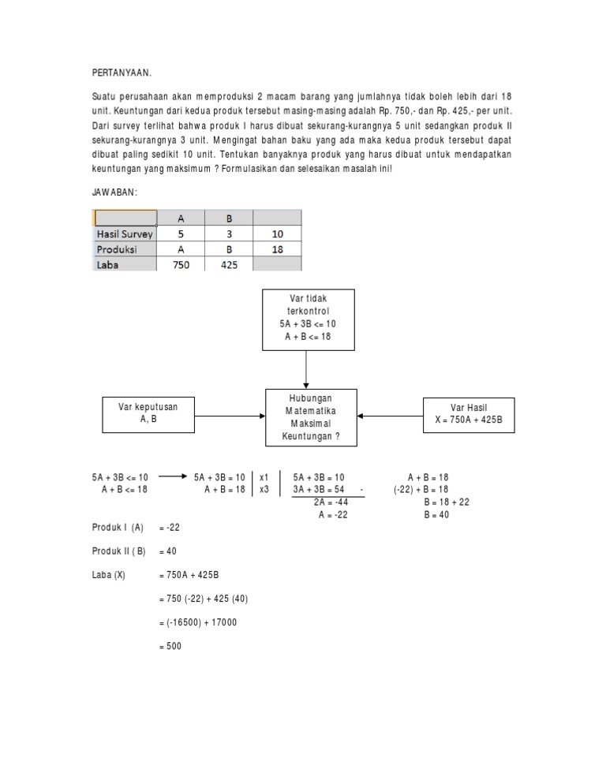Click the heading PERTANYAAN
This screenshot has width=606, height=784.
click(x=122, y=73)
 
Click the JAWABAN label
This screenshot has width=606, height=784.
click(x=115, y=192)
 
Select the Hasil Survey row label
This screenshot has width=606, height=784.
click(x=125, y=234)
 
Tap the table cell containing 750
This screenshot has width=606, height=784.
click(x=181, y=266)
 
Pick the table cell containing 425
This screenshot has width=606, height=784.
click(x=228, y=266)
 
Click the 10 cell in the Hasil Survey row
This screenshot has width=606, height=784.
click(x=276, y=234)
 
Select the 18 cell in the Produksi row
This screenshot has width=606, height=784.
click(x=276, y=249)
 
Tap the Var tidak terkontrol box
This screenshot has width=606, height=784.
click(x=309, y=319)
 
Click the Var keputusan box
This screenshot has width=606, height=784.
click(x=148, y=413)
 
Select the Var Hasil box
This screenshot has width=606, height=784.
click(x=468, y=413)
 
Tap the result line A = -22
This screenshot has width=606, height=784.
click(x=333, y=513)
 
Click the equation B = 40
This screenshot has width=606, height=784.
click(x=436, y=513)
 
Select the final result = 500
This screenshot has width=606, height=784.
click(x=171, y=646)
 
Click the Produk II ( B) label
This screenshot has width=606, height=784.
click(x=118, y=551)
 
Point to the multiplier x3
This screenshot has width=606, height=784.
click(x=264, y=489)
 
